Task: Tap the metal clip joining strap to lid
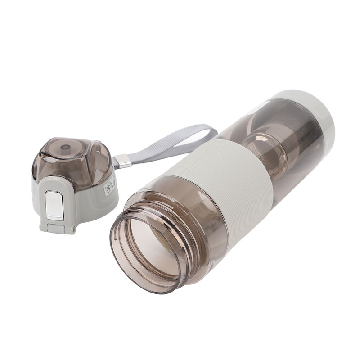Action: (122, 161)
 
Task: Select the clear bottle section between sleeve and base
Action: (288, 135)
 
